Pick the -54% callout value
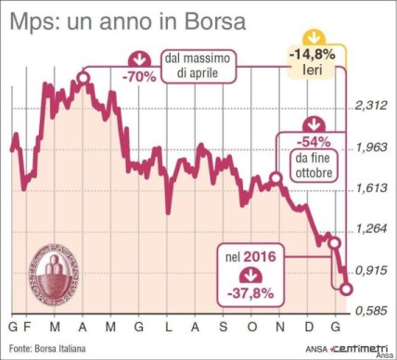click(312, 142)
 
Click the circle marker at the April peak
click(83, 79)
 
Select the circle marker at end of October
click(275, 177)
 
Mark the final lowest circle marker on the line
click(346, 289)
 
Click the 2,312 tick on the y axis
click(371, 107)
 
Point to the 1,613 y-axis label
click(371, 188)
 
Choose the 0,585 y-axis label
click(371, 311)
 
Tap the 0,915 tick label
click(371, 270)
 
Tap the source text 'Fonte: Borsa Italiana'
click(46, 349)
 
